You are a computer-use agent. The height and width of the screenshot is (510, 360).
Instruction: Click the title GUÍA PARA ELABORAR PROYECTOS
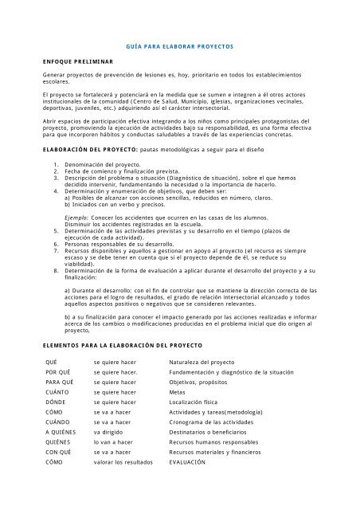tap(180, 47)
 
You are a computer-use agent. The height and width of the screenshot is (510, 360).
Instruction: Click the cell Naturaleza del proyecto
tap(205, 360)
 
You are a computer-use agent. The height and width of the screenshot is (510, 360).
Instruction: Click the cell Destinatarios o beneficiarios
tap(213, 437)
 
